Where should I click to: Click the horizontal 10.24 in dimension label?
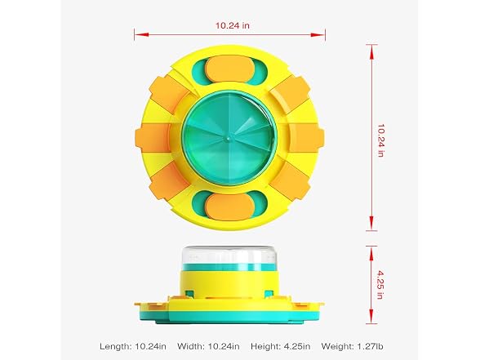point(233,25)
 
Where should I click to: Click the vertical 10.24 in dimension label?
point(380,140)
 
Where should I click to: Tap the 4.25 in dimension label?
point(380,285)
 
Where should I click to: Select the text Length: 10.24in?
point(133,346)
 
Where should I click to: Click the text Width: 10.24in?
point(208,346)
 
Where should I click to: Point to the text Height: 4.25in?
point(281,346)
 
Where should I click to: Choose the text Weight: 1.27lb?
point(352,346)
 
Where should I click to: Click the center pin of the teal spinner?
point(229,139)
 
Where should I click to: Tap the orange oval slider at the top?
point(229,69)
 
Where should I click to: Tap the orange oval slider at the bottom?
point(229,207)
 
